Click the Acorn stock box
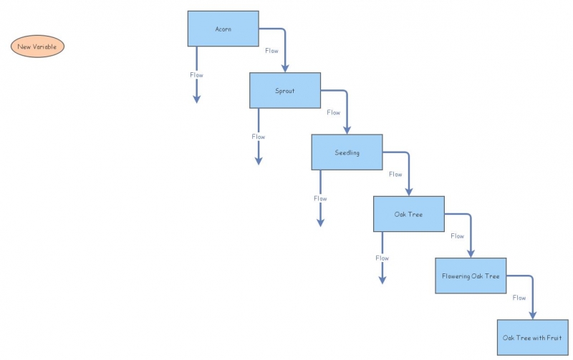223,29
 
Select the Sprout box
284,91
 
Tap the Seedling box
347,152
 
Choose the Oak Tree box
408,214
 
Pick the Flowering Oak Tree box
471,276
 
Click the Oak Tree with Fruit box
533,338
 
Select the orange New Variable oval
38,47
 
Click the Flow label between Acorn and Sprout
271,51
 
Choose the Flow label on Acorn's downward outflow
197,74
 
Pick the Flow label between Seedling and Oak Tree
395,174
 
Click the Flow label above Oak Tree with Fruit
519,298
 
